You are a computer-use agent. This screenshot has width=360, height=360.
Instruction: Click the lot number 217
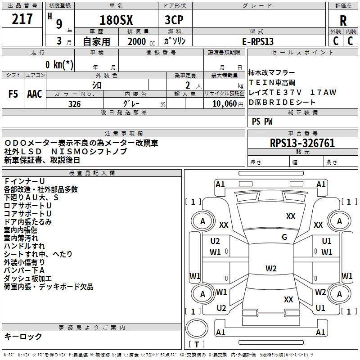[x=22, y=19]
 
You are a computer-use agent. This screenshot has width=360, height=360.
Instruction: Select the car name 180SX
[x=116, y=20]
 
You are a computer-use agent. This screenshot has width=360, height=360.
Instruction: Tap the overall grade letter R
[x=343, y=20]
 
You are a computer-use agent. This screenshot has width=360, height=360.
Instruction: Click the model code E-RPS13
[x=258, y=41]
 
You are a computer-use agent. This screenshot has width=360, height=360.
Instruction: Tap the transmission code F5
[x=13, y=94]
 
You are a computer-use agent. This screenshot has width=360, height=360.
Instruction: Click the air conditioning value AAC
[x=35, y=94]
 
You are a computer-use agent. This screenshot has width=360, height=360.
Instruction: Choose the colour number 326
[x=74, y=104]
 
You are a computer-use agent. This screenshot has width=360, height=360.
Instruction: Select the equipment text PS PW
[x=262, y=121]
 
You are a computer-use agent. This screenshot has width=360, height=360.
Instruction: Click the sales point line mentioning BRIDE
[x=282, y=102]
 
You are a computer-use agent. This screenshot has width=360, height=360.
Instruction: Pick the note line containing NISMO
[x=66, y=151]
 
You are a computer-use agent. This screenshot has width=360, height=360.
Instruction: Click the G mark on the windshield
[x=284, y=237]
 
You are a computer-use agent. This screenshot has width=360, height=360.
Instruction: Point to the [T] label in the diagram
[x=197, y=345]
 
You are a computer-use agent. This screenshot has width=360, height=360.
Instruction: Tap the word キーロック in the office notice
[x=23, y=336]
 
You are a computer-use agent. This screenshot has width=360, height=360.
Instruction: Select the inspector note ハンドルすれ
[x=24, y=246]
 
